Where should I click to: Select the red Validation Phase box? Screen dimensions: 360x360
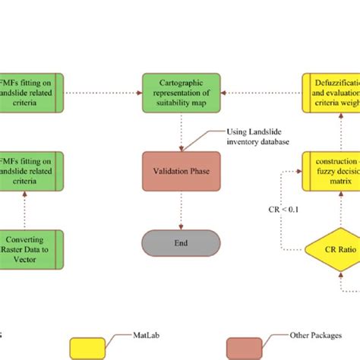pos(181,171)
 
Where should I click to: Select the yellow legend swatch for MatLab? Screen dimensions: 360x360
pos(93,347)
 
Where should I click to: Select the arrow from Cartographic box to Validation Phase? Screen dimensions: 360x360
pos(181,131)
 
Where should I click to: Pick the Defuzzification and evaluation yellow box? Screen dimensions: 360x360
pos(331,93)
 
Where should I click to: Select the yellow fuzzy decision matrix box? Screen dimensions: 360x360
pos(331,171)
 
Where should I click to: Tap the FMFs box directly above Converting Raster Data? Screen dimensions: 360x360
pos(32,171)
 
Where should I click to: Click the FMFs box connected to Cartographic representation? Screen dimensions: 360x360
pos(32,93)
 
